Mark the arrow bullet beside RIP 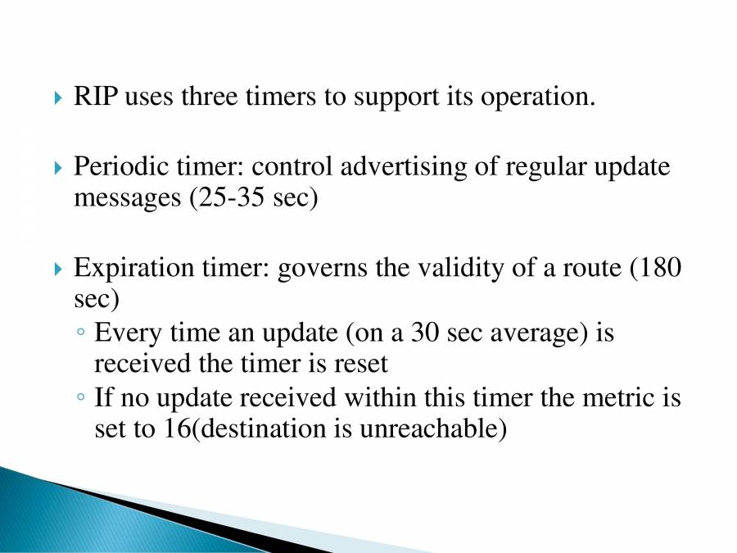tap(57, 97)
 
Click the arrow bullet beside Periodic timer tap(57, 168)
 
